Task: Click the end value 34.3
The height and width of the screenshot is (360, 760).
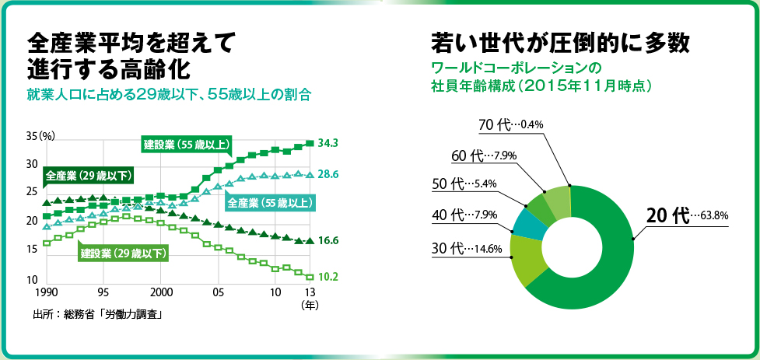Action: tap(327, 143)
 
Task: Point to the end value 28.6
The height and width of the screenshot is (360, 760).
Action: tap(327, 176)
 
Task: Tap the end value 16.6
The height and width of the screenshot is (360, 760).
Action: tap(327, 242)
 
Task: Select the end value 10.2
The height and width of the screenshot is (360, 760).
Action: tap(327, 276)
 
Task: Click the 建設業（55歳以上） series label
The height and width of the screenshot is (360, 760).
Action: tap(187, 144)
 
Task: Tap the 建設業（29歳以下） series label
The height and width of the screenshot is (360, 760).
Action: tap(124, 253)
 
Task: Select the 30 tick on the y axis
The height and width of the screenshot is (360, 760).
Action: tap(32, 165)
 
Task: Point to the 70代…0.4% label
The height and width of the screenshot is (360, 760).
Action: tap(510, 124)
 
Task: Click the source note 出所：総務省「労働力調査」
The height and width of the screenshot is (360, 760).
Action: tap(102, 315)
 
